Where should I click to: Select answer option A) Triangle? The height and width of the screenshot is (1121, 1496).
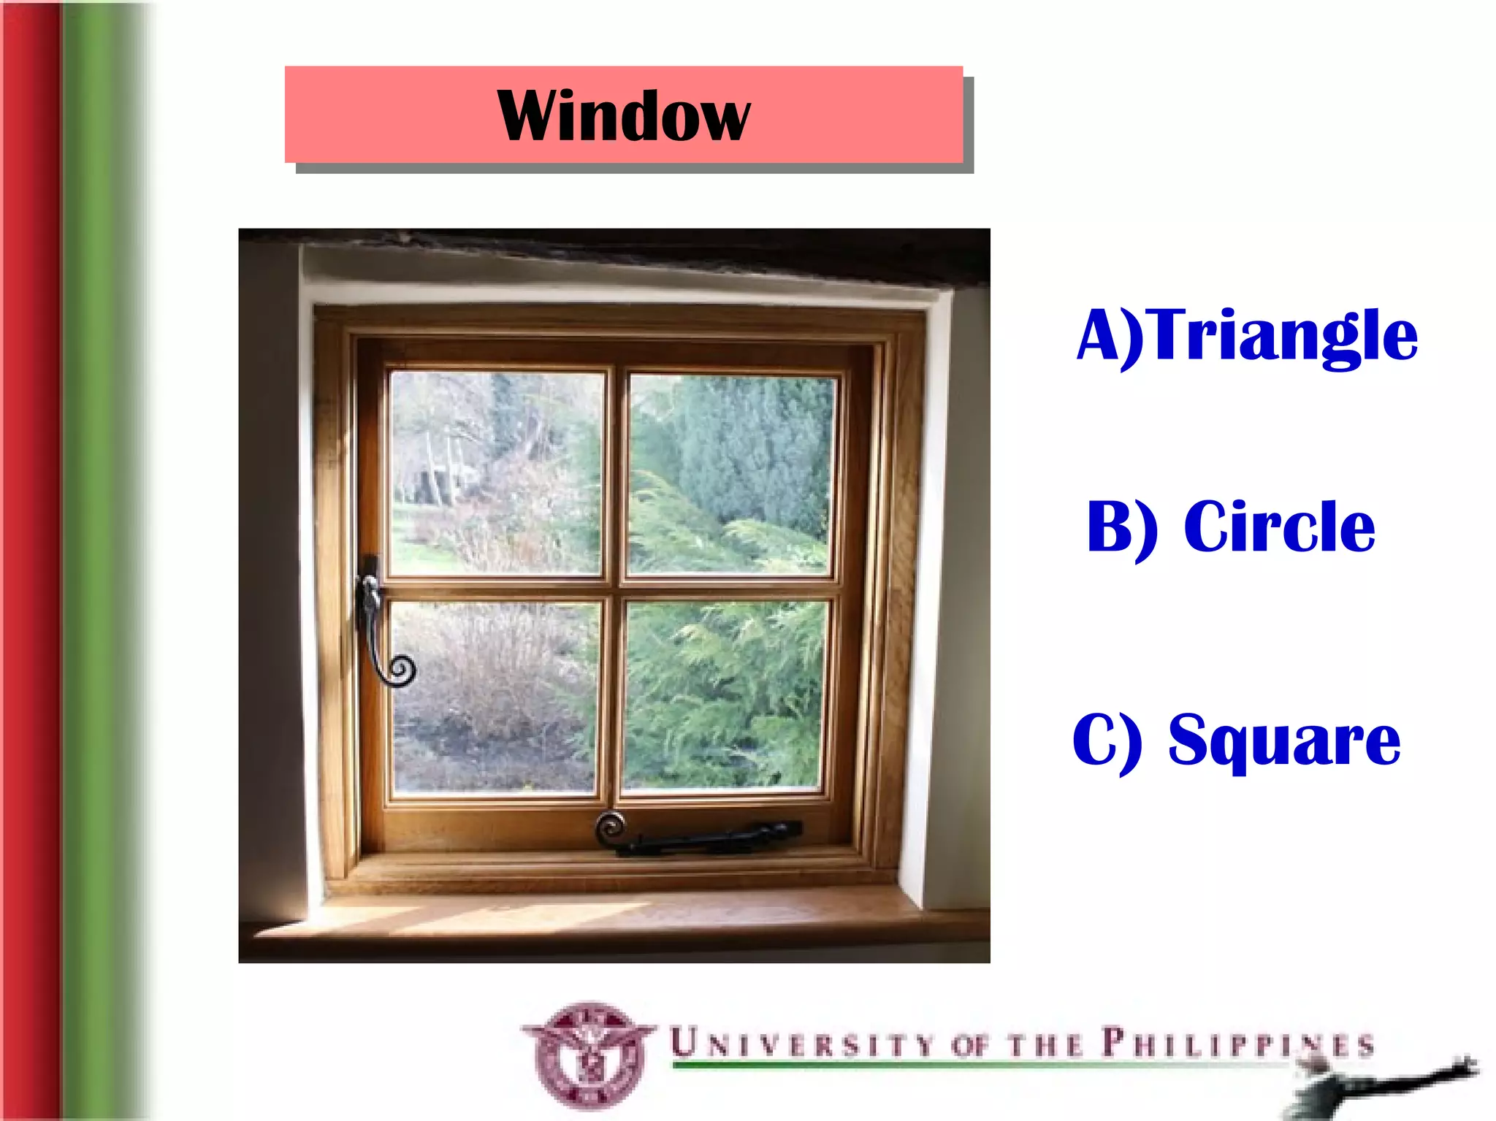(x=1247, y=335)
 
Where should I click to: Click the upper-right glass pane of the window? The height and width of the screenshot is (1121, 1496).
(x=730, y=475)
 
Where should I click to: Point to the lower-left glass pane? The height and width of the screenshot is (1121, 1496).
(x=495, y=697)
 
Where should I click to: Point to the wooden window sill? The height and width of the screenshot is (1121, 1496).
(x=614, y=920)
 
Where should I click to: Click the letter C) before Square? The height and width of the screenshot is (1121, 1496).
(x=1106, y=741)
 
